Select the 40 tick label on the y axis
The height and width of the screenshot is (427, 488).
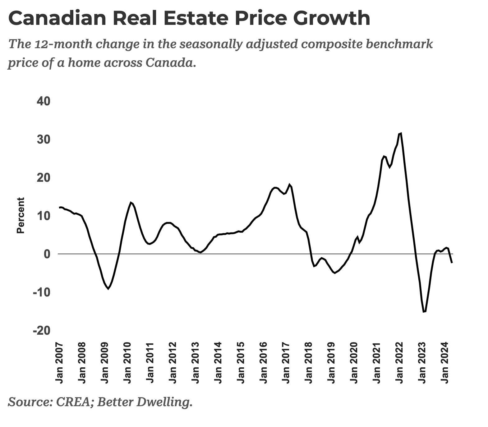point(44,101)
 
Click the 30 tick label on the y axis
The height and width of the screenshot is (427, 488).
point(44,140)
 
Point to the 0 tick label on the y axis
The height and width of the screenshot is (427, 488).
point(47,254)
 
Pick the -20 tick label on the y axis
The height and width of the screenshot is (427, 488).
point(41,331)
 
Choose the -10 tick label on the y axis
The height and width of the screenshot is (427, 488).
point(41,292)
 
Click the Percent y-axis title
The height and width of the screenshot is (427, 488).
point(21,215)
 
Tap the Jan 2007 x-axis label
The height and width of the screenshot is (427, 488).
point(59,363)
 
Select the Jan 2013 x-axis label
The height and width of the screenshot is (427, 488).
point(195,363)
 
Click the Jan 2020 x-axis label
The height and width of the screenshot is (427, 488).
point(354,363)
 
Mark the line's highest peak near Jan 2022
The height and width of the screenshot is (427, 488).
point(401,133)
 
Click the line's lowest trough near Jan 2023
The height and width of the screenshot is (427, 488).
point(424,312)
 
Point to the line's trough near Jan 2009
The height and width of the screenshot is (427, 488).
point(108,289)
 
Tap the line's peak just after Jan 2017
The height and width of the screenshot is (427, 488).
point(289,185)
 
